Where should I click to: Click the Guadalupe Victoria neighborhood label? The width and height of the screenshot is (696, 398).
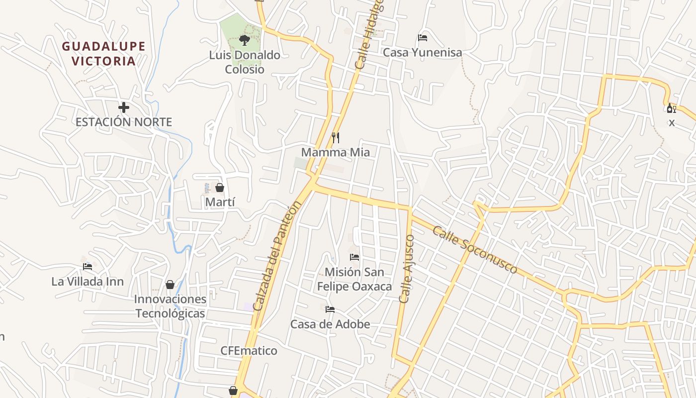[104, 54]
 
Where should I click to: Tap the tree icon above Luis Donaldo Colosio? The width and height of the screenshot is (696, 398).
[244, 40]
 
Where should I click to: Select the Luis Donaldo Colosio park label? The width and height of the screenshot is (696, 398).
[245, 62]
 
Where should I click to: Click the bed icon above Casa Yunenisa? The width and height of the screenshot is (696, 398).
[423, 37]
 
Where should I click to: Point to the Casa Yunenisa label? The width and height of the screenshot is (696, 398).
[422, 52]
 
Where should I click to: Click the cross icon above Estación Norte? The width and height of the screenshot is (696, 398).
[124, 107]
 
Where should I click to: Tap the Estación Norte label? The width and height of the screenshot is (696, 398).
[124, 122]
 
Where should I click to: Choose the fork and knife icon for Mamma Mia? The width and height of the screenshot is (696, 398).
[336, 137]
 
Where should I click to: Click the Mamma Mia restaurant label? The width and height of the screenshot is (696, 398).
[336, 152]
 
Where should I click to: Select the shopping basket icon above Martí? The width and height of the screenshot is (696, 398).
[220, 188]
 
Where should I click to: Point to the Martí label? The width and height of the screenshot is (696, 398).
[220, 202]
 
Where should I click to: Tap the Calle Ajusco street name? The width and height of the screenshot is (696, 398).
[407, 269]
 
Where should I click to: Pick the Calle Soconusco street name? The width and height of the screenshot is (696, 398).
[475, 250]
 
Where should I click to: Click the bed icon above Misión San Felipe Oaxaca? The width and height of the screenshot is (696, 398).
[354, 257]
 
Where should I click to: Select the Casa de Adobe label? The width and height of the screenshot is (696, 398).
[330, 324]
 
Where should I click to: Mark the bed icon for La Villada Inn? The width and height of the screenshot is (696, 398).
[87, 267]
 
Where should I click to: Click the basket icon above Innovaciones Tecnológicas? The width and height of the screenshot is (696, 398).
[170, 285]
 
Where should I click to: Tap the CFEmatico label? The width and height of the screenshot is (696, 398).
[249, 351]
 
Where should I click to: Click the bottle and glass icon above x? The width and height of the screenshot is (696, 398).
[671, 108]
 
